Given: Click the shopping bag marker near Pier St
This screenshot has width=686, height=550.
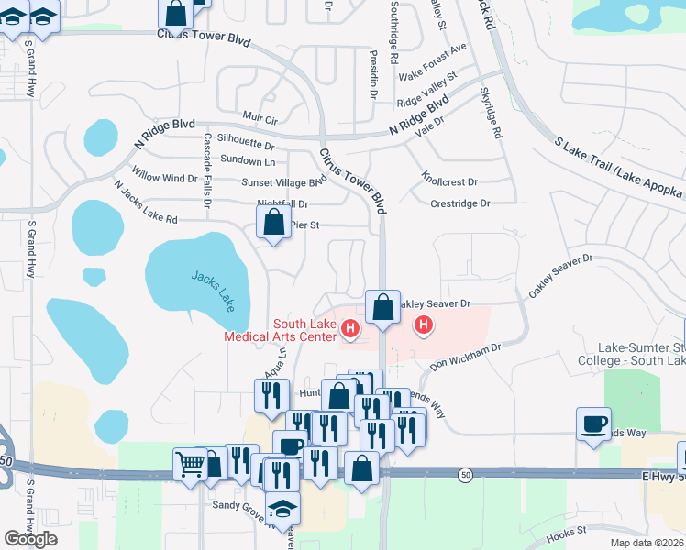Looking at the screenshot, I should [x=273, y=222].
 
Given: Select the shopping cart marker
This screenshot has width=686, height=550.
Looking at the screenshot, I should [x=189, y=465].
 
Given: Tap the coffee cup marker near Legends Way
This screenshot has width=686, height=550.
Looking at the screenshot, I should [x=593, y=423].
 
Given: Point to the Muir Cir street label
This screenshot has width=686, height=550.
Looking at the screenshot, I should [x=260, y=118].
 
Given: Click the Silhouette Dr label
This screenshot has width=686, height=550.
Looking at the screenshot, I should [x=245, y=145].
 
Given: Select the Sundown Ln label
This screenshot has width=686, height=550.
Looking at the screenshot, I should [x=249, y=162].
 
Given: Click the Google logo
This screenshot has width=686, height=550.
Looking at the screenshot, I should [x=31, y=539].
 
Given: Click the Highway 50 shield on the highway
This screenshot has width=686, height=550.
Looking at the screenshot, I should [x=466, y=473].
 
